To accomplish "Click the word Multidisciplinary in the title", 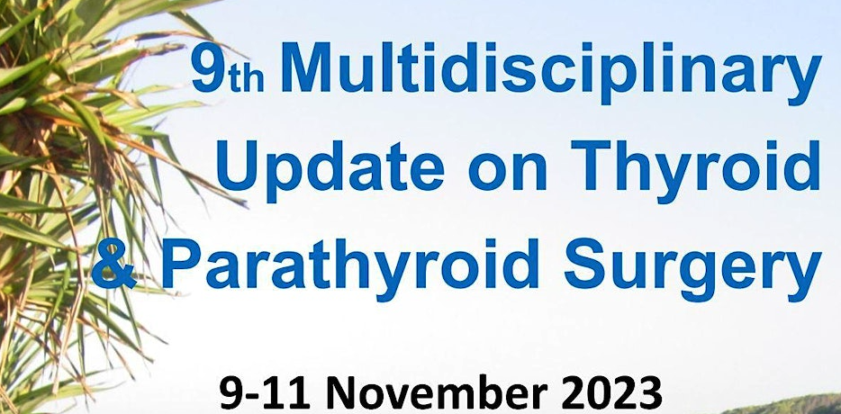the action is [x=551, y=73].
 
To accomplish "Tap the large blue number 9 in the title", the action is [x=209, y=67].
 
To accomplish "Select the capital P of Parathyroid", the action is [x=182, y=264].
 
